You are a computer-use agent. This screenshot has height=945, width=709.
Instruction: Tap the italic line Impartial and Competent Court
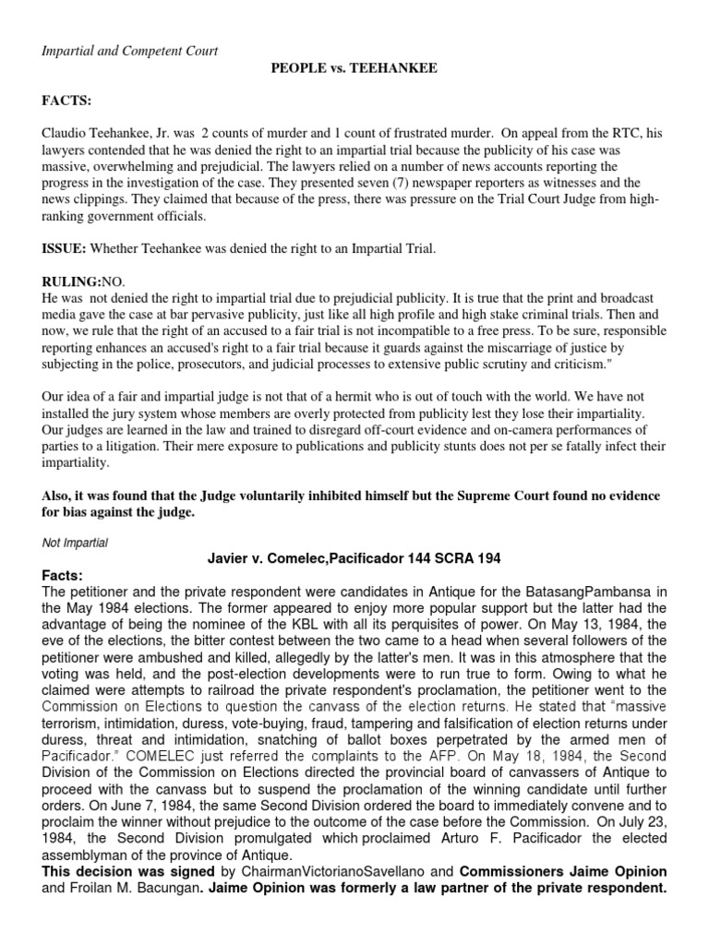pyautogui.click(x=129, y=51)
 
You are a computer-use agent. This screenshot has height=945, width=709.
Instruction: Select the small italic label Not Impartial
pyautogui.click(x=75, y=544)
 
